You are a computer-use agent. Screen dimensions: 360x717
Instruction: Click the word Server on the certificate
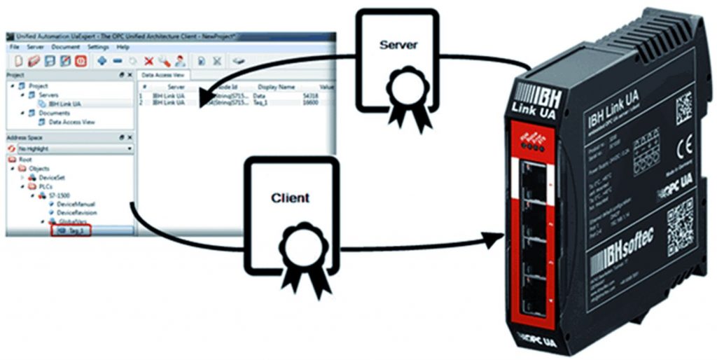pos(398,45)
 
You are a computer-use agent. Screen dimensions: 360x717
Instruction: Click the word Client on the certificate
pos(290,198)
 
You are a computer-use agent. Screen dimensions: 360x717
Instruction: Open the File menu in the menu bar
pos(14,47)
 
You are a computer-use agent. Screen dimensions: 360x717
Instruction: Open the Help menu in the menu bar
pos(123,47)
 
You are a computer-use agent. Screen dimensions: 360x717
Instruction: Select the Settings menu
pos(98,47)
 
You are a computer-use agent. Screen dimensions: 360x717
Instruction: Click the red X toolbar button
pos(148,61)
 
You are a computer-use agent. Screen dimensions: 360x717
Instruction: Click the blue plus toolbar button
pos(102,61)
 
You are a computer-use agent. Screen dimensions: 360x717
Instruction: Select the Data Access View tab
pos(162,74)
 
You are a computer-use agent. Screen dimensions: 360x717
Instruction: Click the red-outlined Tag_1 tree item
pos(70,229)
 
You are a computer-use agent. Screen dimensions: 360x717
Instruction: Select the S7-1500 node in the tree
pos(57,195)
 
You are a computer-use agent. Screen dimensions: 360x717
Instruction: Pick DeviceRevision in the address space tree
pos(76,212)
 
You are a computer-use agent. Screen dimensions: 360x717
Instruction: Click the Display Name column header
pos(276,87)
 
